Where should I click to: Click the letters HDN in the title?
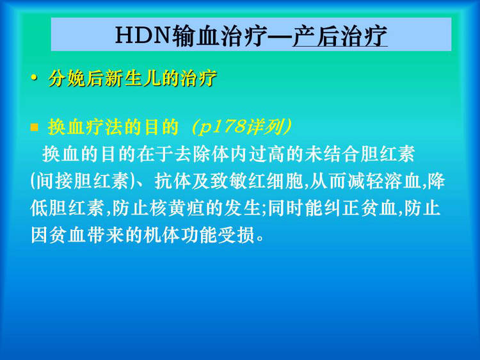click(x=143, y=35)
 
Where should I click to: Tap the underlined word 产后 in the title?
click(x=316, y=36)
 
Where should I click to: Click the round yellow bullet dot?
click(x=34, y=78)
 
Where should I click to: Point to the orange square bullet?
click(x=35, y=127)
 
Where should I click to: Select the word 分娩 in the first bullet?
click(x=67, y=78)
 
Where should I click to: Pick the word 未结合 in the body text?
click(x=332, y=154)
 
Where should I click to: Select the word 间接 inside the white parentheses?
click(x=54, y=181)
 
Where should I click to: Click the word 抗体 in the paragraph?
click(x=173, y=181)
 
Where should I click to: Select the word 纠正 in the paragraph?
click(x=342, y=208)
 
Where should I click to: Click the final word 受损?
click(x=236, y=235)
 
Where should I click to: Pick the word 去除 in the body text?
click(x=193, y=154)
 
